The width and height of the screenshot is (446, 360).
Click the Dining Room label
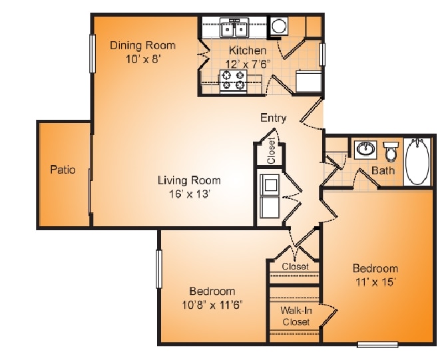142,45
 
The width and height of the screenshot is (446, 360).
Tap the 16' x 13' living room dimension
190,194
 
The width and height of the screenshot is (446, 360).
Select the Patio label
63,170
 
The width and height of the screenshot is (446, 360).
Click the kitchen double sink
234,27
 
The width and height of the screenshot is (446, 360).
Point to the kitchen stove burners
233,81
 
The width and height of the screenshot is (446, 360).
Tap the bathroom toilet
391,151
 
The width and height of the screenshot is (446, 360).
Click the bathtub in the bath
417,162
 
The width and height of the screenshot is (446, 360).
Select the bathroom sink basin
365,149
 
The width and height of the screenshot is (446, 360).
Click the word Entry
273,118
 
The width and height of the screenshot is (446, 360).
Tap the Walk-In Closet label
296,316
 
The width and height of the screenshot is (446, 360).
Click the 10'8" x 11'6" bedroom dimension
212,305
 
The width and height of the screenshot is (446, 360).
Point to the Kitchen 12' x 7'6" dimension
248,65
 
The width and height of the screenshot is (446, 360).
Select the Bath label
383,170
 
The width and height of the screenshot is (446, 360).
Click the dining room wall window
93,53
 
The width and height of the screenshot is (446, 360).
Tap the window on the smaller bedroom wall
158,269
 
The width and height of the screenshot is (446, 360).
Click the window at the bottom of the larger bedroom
377,344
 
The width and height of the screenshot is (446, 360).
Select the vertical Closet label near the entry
272,150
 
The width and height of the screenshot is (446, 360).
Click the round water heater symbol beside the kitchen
278,26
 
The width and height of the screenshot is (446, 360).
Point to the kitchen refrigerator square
308,81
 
